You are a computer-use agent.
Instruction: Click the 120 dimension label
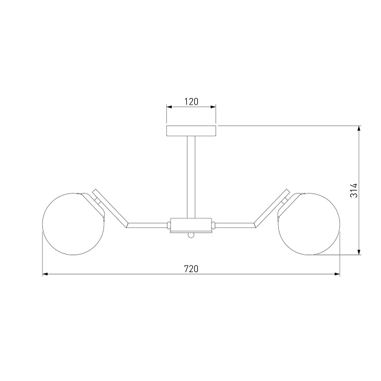tap(191, 102)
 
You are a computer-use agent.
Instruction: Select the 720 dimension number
tap(191, 269)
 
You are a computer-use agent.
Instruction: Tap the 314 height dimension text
tap(354, 190)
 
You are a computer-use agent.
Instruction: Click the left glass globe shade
tap(74, 224)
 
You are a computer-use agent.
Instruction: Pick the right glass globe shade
tap(309, 224)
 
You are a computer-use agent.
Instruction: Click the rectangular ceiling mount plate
tap(191, 131)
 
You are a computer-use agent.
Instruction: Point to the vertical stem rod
tap(191, 177)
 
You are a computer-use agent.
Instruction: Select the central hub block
tap(191, 225)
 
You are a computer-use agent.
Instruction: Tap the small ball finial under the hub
tap(191, 235)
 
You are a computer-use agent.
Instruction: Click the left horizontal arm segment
tap(147, 225)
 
